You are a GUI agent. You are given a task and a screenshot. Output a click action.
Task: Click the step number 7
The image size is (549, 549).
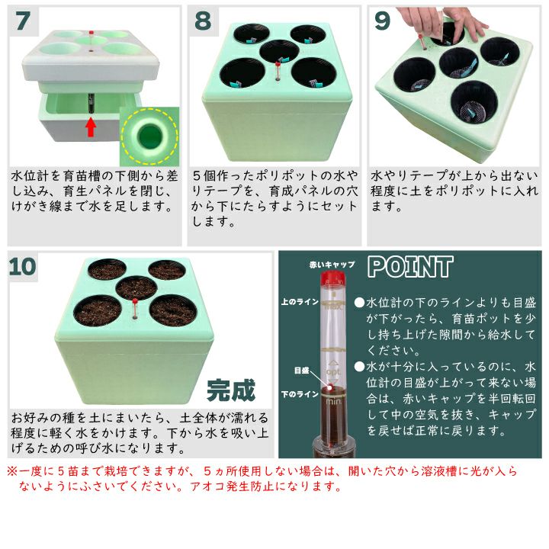click(x=23, y=21)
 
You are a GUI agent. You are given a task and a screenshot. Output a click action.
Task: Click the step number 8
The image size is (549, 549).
click(x=203, y=21)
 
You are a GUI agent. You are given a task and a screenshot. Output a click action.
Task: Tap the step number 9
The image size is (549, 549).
click(x=382, y=21)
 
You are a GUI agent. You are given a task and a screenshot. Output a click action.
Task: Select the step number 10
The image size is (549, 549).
click(x=22, y=266)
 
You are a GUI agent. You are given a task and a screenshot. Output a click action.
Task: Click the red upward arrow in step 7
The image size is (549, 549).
click(x=91, y=127)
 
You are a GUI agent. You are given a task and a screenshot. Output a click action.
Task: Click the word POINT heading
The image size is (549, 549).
click(x=410, y=267)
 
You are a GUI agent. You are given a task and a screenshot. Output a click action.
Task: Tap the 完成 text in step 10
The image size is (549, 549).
click(x=231, y=390)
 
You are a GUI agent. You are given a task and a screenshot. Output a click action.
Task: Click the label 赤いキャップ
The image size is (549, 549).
click(x=332, y=265)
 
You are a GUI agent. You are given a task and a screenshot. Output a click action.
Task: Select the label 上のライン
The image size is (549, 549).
click(x=300, y=301)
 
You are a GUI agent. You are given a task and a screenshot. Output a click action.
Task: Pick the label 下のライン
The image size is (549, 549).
click(x=300, y=395)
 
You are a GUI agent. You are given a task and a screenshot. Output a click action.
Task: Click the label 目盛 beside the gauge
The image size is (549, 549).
click(x=301, y=371)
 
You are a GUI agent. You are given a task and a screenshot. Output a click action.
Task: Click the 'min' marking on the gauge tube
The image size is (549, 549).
click(x=333, y=402)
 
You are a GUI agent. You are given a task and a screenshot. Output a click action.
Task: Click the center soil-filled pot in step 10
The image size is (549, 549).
click(x=136, y=287)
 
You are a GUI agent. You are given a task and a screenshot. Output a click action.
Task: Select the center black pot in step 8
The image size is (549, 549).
click(x=279, y=52)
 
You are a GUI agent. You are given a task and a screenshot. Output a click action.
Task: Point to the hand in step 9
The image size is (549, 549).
click(x=445, y=21)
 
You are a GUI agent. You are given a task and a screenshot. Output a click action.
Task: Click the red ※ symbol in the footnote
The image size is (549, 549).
click(x=12, y=471)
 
